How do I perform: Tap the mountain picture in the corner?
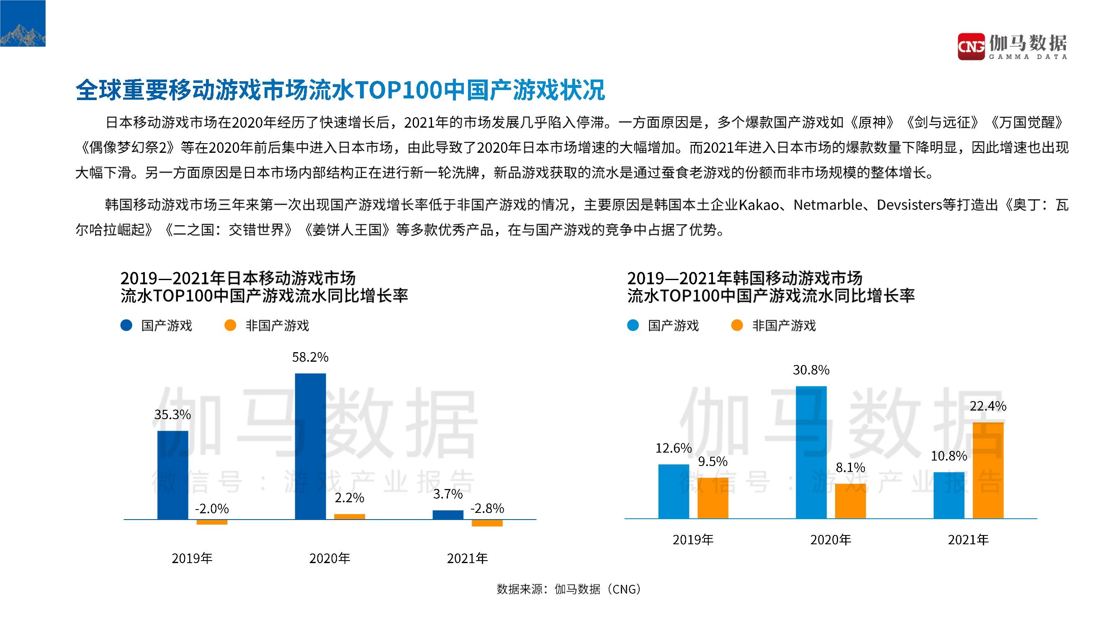point(23,23)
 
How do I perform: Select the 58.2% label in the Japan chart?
point(310,357)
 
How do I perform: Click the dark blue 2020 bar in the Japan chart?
point(310,446)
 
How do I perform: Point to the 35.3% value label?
point(172,415)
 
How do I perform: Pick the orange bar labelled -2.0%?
point(212,522)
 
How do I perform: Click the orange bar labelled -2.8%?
point(487,523)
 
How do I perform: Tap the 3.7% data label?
point(448,494)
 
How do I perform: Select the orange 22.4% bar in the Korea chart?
point(988,470)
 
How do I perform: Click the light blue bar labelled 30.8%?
point(811,452)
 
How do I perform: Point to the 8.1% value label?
point(851,468)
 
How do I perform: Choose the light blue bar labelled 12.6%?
point(674,492)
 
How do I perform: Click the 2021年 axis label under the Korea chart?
point(968,540)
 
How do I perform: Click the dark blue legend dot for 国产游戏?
point(126,325)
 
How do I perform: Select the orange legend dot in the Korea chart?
point(737,325)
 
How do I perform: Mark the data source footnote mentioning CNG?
point(568,589)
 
